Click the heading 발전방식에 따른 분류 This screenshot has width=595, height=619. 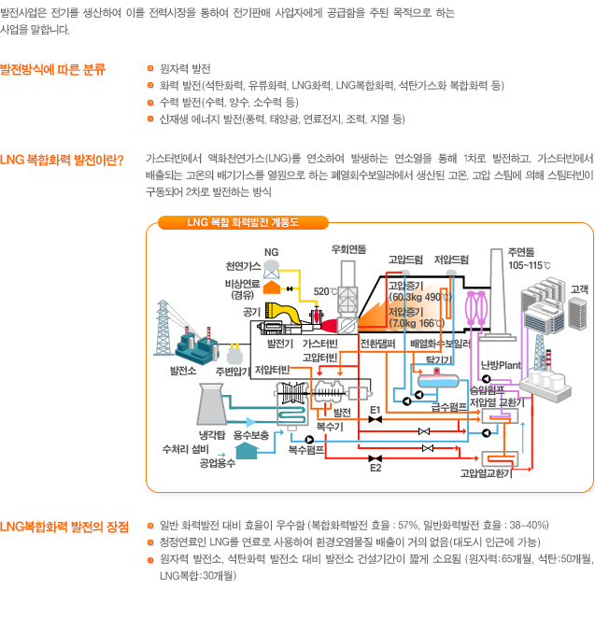click(53, 69)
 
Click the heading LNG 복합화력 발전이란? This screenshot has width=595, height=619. click(63, 159)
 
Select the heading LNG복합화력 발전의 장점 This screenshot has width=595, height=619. click(64, 526)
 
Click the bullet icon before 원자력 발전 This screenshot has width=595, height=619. click(150, 69)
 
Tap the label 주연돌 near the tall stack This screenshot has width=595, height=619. click(520, 252)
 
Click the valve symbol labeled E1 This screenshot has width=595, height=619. click(375, 421)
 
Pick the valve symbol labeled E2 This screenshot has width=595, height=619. click(375, 457)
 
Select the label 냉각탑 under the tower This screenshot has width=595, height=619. click(213, 435)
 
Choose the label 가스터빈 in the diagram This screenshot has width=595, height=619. click(319, 344)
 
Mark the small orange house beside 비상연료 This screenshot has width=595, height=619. click(272, 286)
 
